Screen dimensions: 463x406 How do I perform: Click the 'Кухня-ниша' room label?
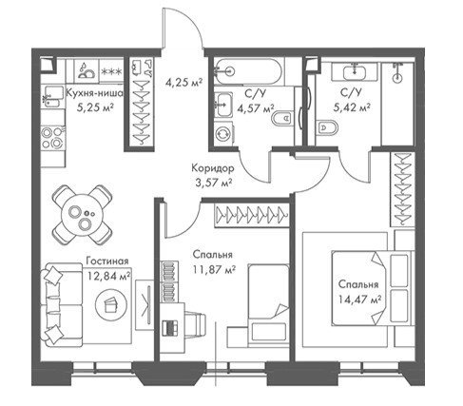pos(94,93)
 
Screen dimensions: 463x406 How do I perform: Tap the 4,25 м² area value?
pos(183,83)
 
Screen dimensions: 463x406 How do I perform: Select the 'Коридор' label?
pos(213,168)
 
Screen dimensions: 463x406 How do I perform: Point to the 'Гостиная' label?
pos(107,261)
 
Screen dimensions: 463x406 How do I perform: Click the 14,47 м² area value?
pos(359,299)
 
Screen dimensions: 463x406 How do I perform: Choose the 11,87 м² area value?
pos(214,269)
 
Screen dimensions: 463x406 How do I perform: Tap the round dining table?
pos(82,214)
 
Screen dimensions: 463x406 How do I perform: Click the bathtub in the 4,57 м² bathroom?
pos(247,71)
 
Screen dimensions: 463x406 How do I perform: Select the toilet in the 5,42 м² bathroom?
pos(327,127)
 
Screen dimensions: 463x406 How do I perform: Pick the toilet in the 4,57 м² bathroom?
pos(282,119)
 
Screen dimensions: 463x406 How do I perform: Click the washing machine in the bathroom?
pos(222,133)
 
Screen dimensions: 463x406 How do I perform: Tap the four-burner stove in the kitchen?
pos(53,137)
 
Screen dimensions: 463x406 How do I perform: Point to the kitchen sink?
pos(52,97)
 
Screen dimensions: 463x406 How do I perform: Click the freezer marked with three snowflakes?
pos(111,71)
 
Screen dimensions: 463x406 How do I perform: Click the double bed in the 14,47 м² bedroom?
pos(373,288)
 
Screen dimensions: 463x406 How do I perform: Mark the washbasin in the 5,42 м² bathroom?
pos(355,71)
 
